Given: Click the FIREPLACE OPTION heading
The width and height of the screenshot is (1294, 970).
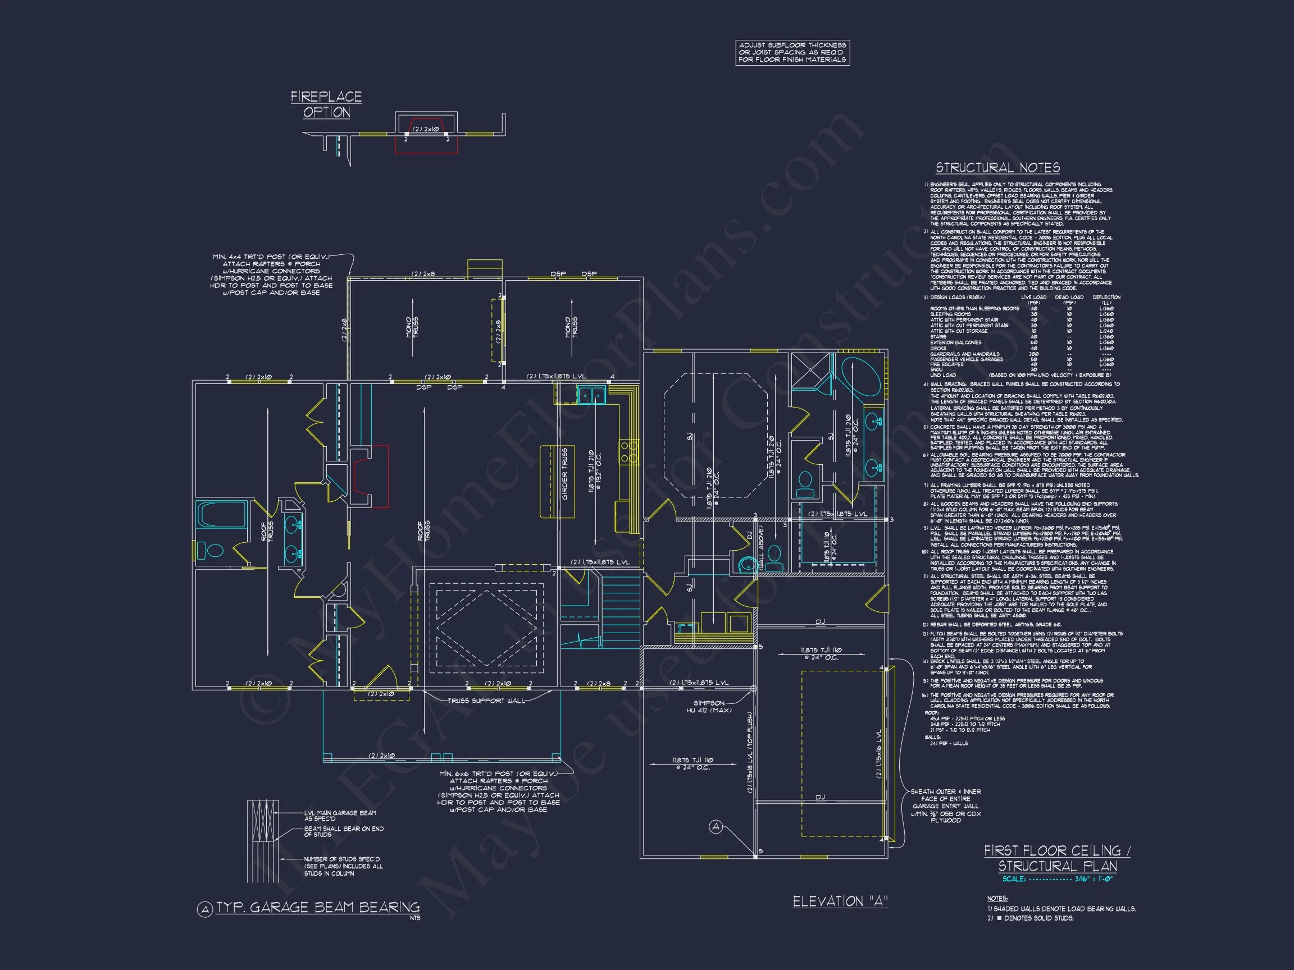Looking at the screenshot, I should [326, 104].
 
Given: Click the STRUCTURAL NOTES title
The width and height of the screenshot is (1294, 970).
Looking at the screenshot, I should [997, 168].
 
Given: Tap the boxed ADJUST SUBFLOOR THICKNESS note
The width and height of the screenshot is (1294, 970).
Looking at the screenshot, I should [792, 53].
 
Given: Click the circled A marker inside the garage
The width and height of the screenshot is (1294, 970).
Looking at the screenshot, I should [717, 827].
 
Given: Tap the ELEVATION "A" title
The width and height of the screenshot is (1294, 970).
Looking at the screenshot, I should [840, 901].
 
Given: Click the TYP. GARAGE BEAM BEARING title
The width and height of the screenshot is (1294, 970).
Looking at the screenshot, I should [318, 908].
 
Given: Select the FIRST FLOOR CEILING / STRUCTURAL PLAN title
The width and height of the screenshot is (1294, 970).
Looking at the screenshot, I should [1057, 858].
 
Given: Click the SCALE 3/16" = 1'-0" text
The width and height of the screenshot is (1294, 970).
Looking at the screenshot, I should [1057, 879].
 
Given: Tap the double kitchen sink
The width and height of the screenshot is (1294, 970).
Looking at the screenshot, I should [591, 395].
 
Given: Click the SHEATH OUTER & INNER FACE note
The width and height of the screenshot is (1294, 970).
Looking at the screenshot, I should [945, 806].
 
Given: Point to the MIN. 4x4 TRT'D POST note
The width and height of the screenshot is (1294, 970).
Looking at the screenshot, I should [271, 274].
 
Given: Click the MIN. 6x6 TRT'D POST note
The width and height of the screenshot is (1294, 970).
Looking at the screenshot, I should [498, 791].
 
